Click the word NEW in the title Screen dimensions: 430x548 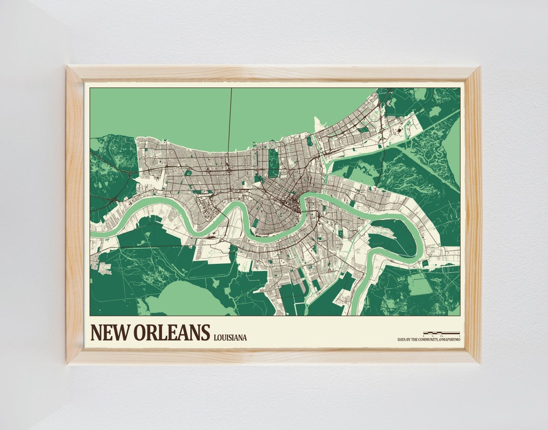click(x=109, y=333)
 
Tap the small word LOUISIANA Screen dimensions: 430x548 click(x=230, y=337)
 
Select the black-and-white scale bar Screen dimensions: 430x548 click(x=441, y=333)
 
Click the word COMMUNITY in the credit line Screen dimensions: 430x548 click(x=425, y=339)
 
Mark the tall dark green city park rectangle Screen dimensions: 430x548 click(x=274, y=163)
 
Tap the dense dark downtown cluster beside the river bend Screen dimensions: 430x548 click(x=292, y=205)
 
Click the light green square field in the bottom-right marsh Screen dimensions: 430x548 click(x=420, y=285)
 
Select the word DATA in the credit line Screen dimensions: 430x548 click(x=402, y=339)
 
